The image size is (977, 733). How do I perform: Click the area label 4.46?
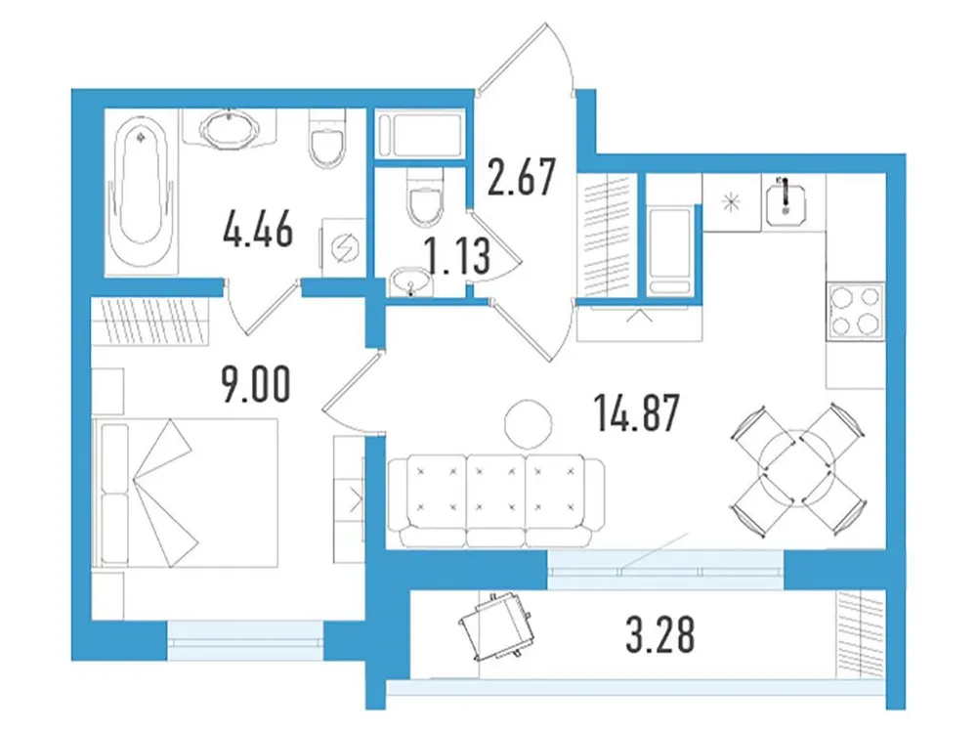[257, 235]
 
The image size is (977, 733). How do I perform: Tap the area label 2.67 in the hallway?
[523, 179]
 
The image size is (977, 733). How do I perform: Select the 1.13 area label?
[454, 257]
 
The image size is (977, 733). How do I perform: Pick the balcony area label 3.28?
[659, 635]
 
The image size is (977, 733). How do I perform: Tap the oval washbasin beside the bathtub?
[231, 129]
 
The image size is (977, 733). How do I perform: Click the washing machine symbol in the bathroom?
[343, 246]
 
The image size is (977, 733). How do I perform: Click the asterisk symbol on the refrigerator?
[731, 203]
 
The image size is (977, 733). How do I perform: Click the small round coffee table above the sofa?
[529, 422]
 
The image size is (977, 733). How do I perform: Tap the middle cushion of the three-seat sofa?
[496, 498]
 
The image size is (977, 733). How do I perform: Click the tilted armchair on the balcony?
[495, 625]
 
